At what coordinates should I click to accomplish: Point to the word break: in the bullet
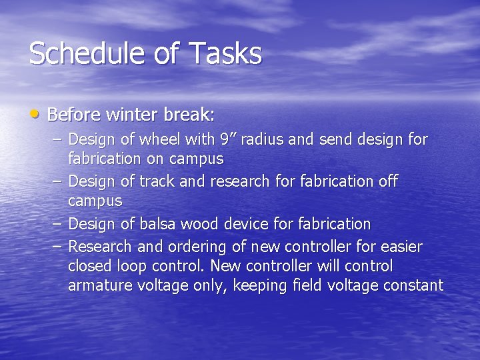(x=188, y=115)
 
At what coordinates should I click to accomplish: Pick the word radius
(x=262, y=139)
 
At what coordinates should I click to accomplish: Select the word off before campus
(x=387, y=181)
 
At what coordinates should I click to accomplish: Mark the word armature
(x=97, y=286)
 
